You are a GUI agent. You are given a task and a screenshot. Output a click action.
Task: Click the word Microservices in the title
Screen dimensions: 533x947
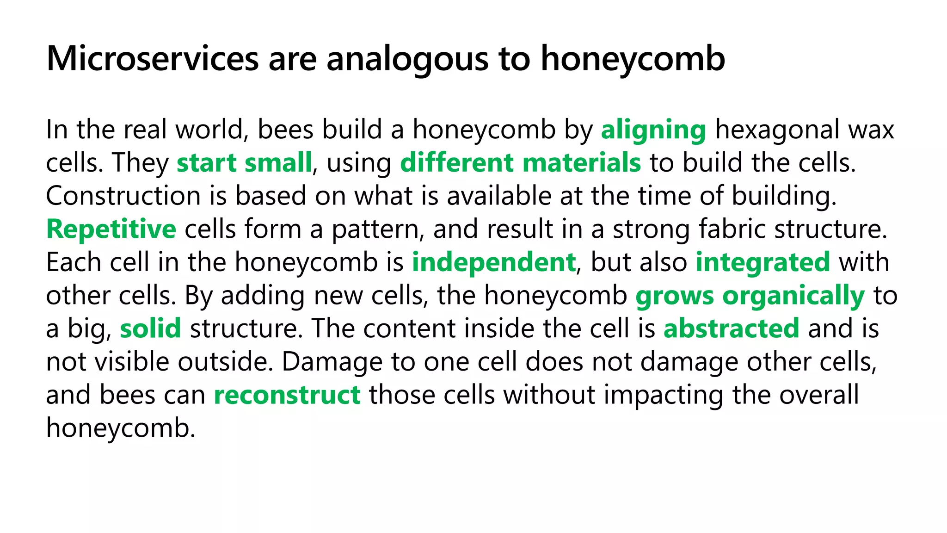click(153, 59)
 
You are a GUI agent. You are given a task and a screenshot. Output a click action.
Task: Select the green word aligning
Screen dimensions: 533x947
click(653, 130)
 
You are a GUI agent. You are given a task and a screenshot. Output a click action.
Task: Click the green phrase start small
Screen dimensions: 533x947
click(244, 163)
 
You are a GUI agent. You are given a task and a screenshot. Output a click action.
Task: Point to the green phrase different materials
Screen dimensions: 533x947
click(520, 163)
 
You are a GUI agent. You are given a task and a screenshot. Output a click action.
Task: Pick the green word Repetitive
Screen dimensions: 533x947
click(111, 229)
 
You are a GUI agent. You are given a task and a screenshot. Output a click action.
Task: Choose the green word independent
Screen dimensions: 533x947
click(493, 263)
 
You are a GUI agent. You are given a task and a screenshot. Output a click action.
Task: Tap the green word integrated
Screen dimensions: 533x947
click(763, 263)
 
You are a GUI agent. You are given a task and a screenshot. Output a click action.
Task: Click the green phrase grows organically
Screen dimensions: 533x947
click(750, 296)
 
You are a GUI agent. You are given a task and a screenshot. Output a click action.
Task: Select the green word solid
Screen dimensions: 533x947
click(150, 328)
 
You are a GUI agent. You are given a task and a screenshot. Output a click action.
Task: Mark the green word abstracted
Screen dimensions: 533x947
click(731, 328)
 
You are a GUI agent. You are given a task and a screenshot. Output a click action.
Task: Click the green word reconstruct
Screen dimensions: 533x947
click(287, 395)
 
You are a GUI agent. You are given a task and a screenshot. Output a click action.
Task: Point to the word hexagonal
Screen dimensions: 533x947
click(777, 130)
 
